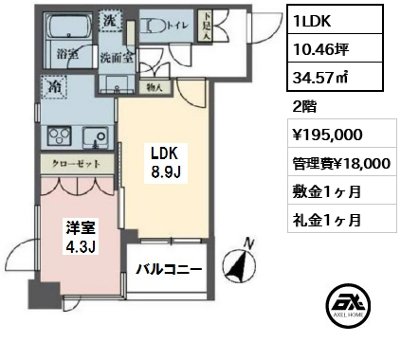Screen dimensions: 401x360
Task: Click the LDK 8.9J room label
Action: coord(166,163)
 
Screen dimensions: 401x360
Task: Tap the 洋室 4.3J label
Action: coord(81,236)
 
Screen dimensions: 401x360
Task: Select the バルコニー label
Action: coord(169,269)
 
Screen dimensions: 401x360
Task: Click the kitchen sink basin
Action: coord(96,137)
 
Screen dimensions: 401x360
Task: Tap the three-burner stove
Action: coord(59,136)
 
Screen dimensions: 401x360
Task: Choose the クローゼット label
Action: coord(76,164)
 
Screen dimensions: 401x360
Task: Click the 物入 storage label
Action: coord(155,87)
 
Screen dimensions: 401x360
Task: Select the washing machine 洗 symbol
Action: coord(110,21)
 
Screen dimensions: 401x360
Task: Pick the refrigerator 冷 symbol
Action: coord(54,88)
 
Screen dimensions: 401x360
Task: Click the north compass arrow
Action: coord(240,265)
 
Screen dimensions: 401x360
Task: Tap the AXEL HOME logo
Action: coord(348,305)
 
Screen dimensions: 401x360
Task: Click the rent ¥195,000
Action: coord(328,135)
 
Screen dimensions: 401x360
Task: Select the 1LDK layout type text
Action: coord(312,21)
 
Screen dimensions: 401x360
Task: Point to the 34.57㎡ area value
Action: coord(320,77)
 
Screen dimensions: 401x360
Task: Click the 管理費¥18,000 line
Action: coord(341,163)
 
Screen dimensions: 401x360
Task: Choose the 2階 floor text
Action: coord(304,107)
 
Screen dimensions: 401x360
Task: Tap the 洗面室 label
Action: coord(117,58)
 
